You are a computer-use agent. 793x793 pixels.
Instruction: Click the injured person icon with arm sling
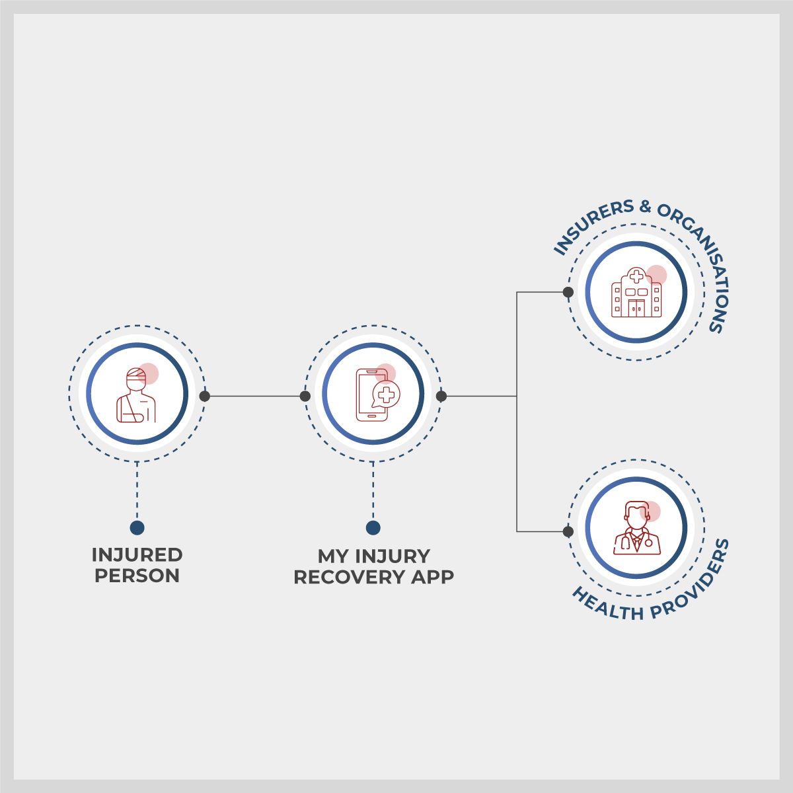[x=136, y=395]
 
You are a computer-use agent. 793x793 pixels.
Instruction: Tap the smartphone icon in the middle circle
[x=371, y=395]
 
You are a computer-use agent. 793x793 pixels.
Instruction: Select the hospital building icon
[x=636, y=293]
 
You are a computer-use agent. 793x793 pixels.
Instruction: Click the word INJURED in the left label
[x=137, y=555]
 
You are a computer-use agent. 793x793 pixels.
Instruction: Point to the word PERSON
[x=137, y=576]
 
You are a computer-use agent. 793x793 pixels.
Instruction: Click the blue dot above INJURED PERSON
[x=137, y=527]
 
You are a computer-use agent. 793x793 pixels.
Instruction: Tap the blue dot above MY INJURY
[x=373, y=527]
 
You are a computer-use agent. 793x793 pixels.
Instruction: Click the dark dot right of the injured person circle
[x=205, y=397]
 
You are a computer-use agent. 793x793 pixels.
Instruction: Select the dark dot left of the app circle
[x=305, y=397]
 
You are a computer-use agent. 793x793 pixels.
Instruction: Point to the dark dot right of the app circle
[x=441, y=397]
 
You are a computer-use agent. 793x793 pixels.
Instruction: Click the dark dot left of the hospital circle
[x=568, y=292]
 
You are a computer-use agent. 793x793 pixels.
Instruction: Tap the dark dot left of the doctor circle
[x=568, y=531]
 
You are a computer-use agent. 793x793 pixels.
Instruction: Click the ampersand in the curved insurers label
[x=644, y=207]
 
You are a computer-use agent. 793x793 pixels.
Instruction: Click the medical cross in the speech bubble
[x=386, y=395]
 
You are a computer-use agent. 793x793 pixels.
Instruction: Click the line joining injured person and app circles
[x=254, y=397]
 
